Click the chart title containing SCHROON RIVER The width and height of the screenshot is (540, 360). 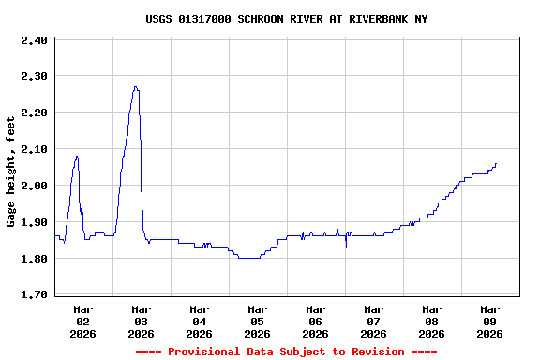tap(287, 19)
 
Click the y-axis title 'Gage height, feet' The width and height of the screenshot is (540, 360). tap(11, 172)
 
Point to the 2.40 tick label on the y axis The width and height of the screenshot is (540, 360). tap(34, 40)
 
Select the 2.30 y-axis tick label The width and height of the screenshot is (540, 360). tap(34, 76)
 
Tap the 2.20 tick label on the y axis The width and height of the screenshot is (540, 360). tap(34, 112)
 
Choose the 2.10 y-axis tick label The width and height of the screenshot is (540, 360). tap(34, 149)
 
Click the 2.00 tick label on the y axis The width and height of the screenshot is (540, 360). tap(34, 186)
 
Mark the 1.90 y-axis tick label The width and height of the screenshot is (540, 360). tap(34, 222)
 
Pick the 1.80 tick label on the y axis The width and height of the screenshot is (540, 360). tap(34, 259)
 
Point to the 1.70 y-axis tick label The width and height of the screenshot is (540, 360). tap(34, 295)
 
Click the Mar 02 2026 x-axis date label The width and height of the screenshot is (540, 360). tap(82, 321)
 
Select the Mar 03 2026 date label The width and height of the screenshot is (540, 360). tap(141, 321)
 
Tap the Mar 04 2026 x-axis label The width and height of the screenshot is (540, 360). tap(199, 321)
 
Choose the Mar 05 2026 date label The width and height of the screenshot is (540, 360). tap(257, 321)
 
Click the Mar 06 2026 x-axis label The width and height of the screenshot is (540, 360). tap(315, 321)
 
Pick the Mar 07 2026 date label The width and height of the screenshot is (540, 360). tap(373, 321)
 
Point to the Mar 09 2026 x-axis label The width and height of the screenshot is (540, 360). tap(489, 321)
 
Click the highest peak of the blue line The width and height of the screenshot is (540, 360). tap(136, 86)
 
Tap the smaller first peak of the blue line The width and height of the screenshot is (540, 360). tap(77, 156)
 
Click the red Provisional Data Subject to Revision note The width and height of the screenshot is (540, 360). tap(286, 352)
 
